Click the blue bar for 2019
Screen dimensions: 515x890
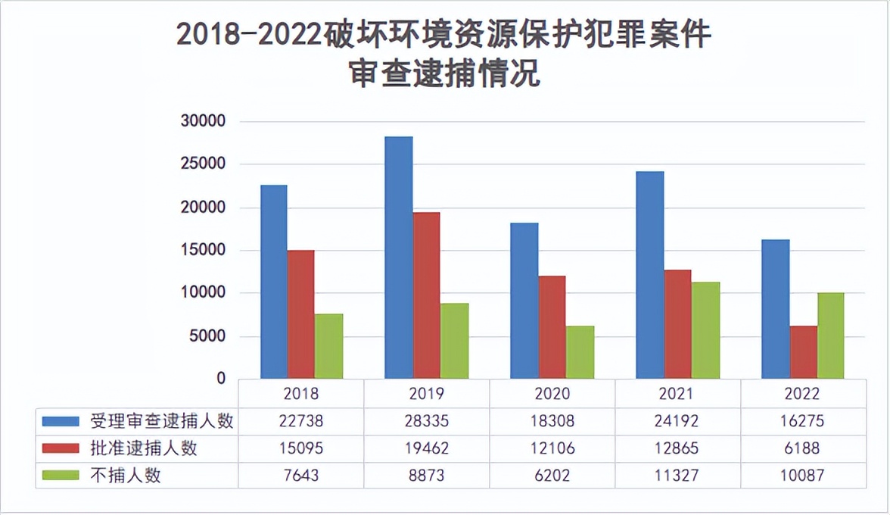tap(399, 257)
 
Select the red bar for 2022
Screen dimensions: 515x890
tap(803, 352)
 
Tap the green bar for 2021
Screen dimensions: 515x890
tap(705, 330)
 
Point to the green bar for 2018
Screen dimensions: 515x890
tap(328, 346)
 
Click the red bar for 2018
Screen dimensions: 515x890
tap(300, 314)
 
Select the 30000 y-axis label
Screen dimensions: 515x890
tap(201, 121)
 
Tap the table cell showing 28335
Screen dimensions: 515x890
tap(426, 422)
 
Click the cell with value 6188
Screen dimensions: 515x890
tap(803, 448)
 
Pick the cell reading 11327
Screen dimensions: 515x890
tap(677, 476)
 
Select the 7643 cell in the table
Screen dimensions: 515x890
tap(301, 476)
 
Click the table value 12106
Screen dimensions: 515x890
tap(552, 448)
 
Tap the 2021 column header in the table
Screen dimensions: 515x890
tap(677, 394)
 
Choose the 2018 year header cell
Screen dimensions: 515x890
tap(301, 394)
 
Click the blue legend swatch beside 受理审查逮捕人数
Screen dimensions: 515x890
tap(61, 422)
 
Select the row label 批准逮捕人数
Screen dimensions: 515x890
tap(143, 448)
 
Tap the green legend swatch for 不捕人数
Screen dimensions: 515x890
tap(61, 476)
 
